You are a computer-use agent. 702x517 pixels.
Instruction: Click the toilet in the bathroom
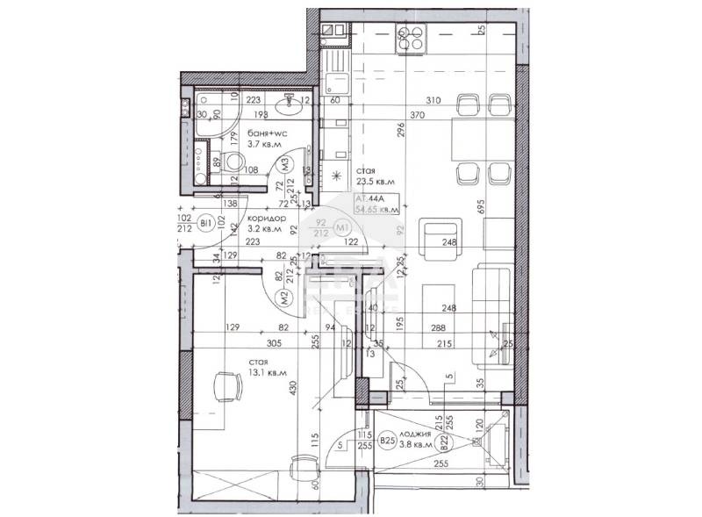click(233, 162)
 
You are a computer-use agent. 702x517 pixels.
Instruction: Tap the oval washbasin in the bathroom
click(287, 107)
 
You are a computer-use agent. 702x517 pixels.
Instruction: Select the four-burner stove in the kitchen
click(410, 37)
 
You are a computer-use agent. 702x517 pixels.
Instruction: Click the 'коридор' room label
click(264, 219)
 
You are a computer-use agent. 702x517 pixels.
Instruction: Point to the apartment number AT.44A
click(368, 199)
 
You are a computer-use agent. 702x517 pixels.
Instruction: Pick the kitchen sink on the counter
click(334, 85)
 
